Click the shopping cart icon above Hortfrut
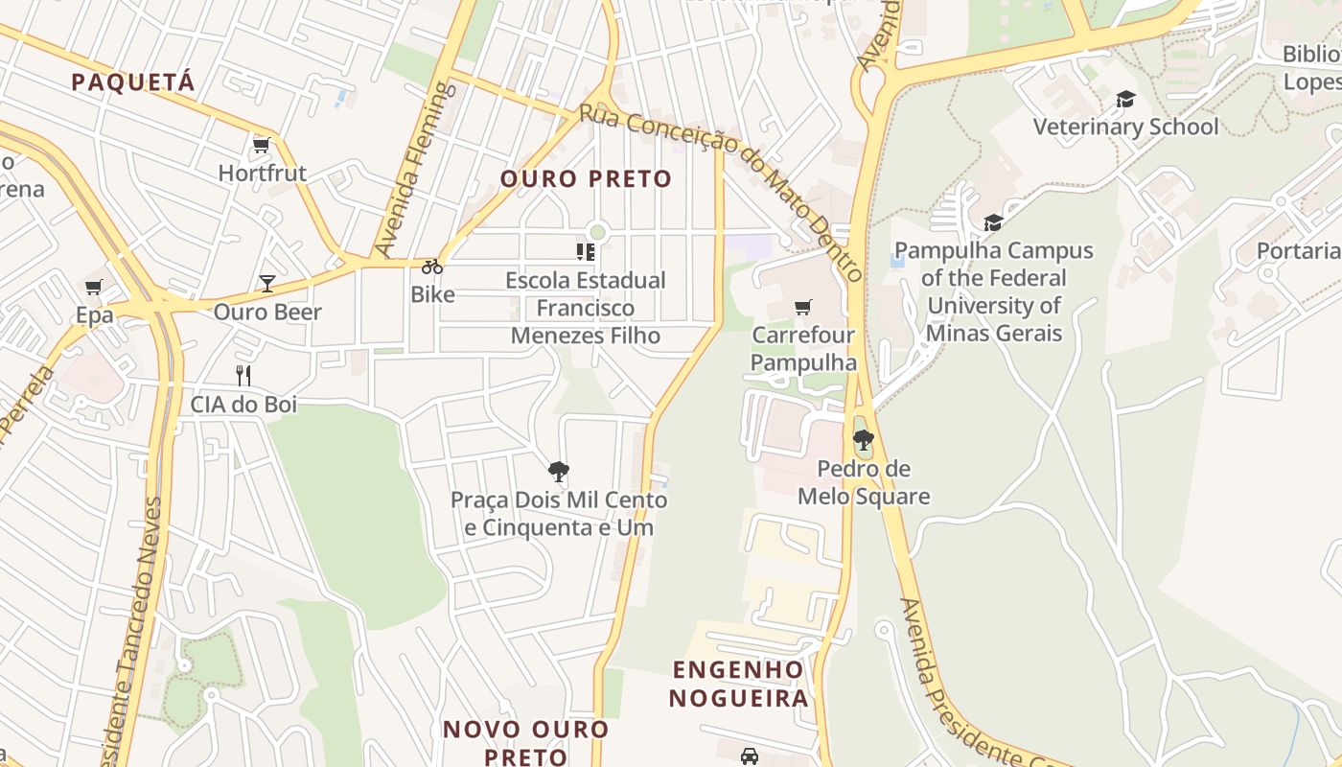pos(261,146)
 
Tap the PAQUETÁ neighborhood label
pos(133,81)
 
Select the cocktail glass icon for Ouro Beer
pos(266,284)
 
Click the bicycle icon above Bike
pos(432,267)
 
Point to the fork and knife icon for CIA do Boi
pos(243,376)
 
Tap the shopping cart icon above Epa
pos(94,287)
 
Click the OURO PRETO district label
pos(586,179)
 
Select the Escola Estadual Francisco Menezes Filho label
pos(586,308)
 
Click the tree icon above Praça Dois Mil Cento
pos(559,471)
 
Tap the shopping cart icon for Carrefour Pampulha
pos(803,308)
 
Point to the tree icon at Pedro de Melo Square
pos(863,441)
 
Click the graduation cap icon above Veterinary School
pos(1125,99)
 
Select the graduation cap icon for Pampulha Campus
pos(993,223)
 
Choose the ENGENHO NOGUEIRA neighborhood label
pos(738,684)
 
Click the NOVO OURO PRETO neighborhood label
pos(525,742)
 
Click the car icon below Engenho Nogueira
pos(750,755)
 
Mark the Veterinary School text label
pos(1125,127)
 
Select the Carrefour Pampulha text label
pos(803,349)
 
